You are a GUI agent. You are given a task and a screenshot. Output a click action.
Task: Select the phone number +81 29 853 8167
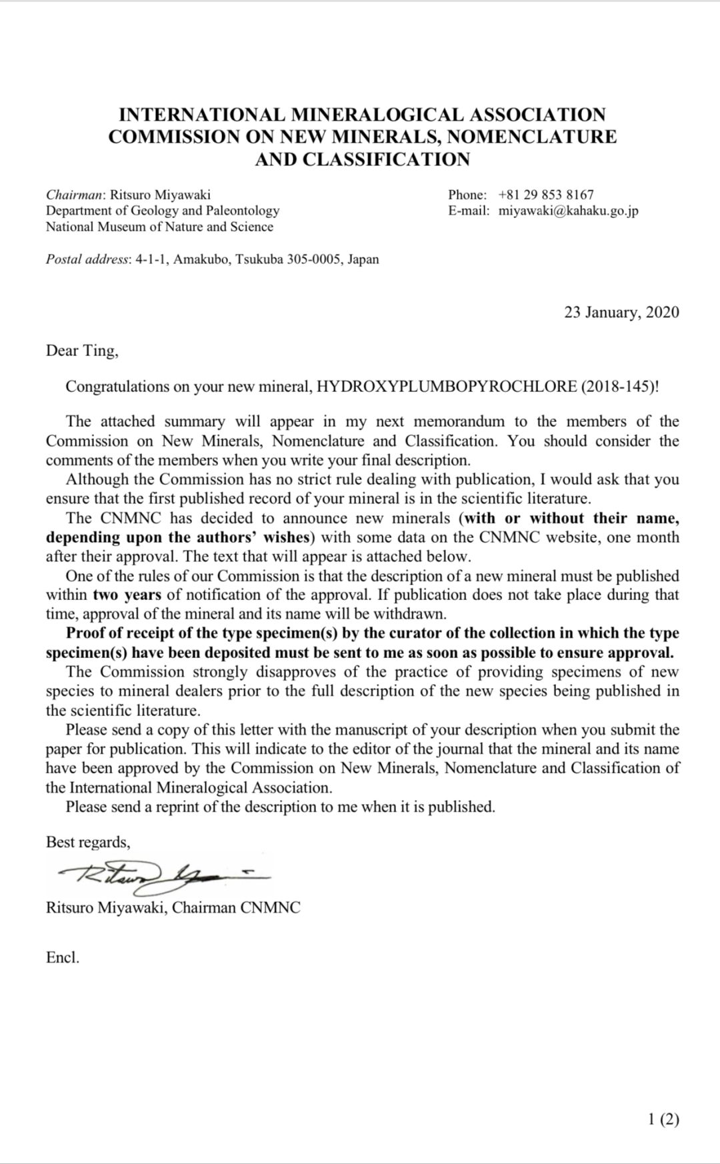pos(545,195)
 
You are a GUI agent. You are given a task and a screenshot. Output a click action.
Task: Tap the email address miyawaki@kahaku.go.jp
pos(568,211)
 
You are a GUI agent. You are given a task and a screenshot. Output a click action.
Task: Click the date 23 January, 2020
pos(621,312)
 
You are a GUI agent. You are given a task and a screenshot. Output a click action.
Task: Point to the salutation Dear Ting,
pos(82,351)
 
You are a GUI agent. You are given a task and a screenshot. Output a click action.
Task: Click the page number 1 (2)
pos(663,1119)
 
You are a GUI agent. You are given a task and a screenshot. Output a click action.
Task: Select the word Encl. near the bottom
pos(63,957)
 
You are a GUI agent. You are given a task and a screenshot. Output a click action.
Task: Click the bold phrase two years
pos(127,595)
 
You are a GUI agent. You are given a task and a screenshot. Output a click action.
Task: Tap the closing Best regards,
pos(88,842)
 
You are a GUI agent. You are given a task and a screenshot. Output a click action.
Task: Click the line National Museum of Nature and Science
pos(159,227)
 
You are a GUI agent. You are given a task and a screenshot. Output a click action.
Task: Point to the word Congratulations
pos(117,387)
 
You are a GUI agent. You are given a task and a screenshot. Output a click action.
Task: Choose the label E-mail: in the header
pos(469,211)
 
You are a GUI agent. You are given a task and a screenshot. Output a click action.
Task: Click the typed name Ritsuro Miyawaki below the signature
pos(105,907)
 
